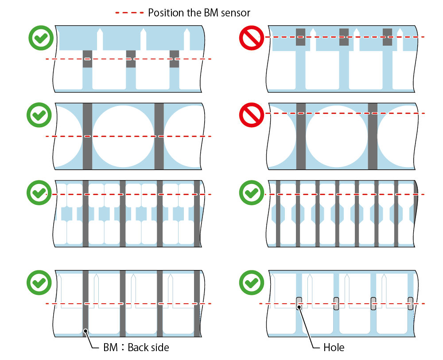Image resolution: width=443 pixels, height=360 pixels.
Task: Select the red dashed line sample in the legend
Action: [x=129, y=13]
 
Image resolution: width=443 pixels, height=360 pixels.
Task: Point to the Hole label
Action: [x=334, y=347]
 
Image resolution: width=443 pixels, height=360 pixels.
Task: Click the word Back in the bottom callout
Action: [x=138, y=347]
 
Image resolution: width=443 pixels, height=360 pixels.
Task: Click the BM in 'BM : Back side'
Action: [x=110, y=347]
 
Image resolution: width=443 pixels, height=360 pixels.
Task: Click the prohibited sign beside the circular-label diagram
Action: [x=252, y=115]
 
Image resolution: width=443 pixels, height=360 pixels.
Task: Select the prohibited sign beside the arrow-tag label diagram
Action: [x=252, y=38]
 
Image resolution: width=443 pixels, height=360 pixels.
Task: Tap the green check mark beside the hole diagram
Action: [x=252, y=282]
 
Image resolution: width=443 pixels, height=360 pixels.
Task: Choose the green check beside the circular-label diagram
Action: [x=39, y=115]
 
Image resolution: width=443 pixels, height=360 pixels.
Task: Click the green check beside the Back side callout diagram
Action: [x=39, y=282]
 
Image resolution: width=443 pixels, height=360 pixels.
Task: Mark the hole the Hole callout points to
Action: [x=299, y=303]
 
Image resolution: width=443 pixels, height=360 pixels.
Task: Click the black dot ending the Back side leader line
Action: [x=85, y=331]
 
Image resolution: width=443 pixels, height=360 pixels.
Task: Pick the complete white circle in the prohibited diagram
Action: [x=337, y=136]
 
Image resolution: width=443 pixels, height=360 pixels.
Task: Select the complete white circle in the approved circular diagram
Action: [x=123, y=136]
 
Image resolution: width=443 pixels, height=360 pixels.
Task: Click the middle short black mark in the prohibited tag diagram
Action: [x=344, y=37]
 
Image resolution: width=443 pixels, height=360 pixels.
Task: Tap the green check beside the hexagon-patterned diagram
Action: [x=252, y=192]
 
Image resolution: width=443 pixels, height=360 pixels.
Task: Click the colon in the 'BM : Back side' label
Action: [x=123, y=348]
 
